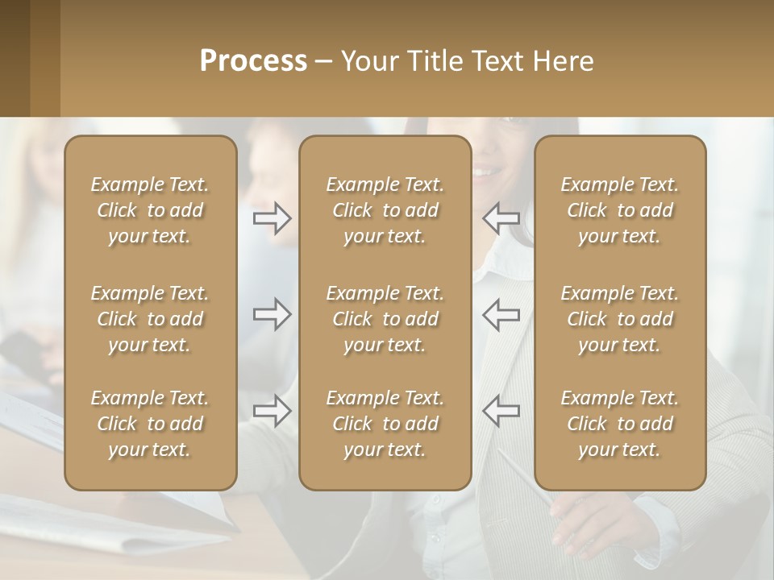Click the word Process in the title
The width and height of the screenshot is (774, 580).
pos(253,61)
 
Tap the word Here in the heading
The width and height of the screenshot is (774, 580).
pos(563,61)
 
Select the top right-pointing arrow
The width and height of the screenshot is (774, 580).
pos(273,217)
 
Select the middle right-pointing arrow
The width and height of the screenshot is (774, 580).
pos(273,314)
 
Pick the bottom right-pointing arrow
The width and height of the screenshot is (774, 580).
pos(273,411)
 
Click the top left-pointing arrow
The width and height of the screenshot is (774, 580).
pos(501,217)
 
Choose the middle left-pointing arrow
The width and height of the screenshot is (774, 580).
pos(501,314)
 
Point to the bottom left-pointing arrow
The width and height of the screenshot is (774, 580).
pos(501,411)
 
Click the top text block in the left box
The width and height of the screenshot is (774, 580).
pos(150,210)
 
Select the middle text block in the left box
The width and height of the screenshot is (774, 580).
pos(150,319)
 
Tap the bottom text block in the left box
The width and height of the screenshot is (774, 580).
pos(150,424)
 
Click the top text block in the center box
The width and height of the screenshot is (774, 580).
pos(385,210)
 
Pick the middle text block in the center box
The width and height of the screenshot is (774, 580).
pos(385,319)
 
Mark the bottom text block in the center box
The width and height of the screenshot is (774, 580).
pos(385,424)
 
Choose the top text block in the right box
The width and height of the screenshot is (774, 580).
pos(620,210)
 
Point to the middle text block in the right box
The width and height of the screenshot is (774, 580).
pos(620,319)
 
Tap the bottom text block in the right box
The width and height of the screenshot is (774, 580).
pos(620,424)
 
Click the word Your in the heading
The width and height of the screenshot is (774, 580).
pos(366,61)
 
